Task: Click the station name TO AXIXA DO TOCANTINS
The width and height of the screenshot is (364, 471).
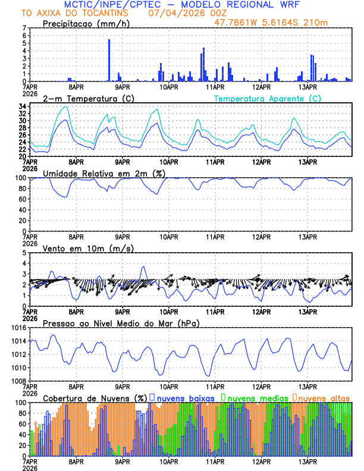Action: (75, 12)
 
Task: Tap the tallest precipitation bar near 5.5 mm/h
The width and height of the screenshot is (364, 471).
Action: (109, 59)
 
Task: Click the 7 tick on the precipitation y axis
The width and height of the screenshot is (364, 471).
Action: (24, 28)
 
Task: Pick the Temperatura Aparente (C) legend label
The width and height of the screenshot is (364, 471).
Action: (268, 98)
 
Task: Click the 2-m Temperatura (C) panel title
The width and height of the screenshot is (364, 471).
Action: (89, 98)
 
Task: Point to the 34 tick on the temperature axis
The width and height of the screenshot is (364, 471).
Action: (22, 106)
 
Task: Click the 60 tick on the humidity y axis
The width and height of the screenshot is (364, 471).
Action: (22, 199)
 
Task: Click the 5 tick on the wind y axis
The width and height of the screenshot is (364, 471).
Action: (24, 253)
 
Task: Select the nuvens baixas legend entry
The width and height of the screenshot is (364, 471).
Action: (184, 397)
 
